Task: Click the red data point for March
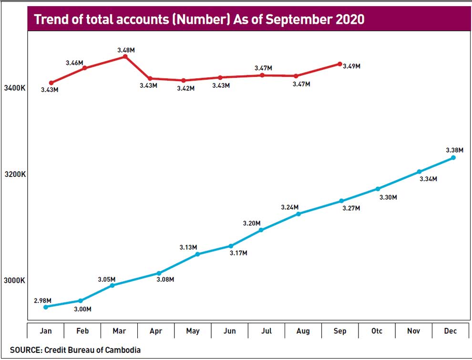coord(125,56)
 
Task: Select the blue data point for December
coord(453,157)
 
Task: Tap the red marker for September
coord(339,63)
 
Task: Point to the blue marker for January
coord(46,307)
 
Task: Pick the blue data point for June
coord(231,246)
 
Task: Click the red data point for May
coord(184,80)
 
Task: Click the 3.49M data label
coord(352,66)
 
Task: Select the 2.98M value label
coord(42,300)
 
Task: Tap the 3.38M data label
coord(454,150)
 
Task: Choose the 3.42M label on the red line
coord(185,88)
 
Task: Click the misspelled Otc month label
coord(377,331)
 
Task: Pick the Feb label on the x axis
coord(82,331)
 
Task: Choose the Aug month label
coord(303,331)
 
